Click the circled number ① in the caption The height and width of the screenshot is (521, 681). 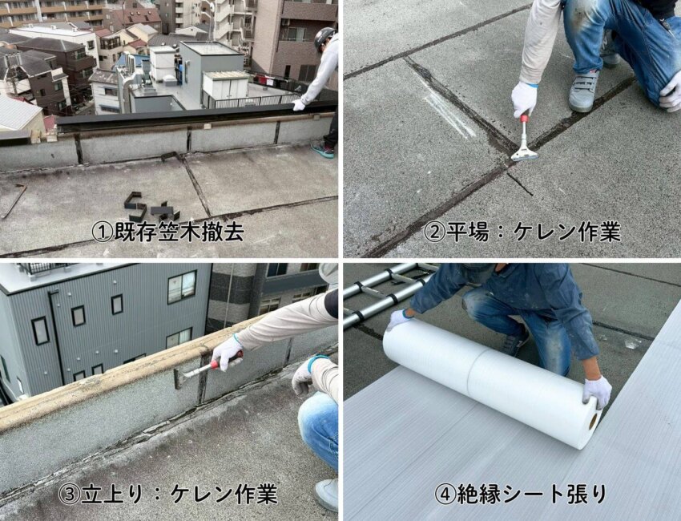tap(103, 232)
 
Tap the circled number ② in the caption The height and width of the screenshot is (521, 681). tap(434, 232)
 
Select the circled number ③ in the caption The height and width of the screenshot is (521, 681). tap(69, 494)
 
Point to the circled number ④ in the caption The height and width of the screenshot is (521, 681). tap(445, 494)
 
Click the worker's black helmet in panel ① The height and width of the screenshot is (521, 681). tap(324, 38)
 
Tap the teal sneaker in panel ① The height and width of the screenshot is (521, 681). tap(322, 150)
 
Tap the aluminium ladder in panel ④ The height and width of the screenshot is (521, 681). tap(382, 296)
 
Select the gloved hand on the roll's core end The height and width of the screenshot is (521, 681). tap(597, 391)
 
